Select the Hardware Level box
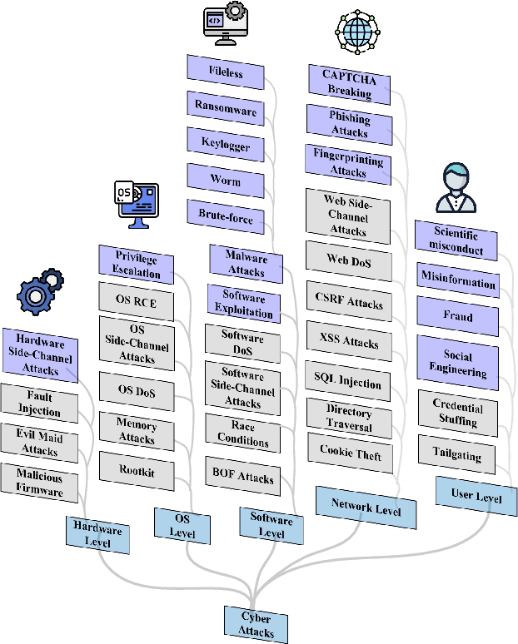(97, 535)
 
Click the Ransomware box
(225, 107)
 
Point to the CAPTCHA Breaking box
(349, 82)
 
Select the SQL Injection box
(348, 381)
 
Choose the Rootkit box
(137, 471)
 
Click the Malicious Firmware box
(39, 483)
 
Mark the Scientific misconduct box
(456, 240)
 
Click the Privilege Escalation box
(136, 263)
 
